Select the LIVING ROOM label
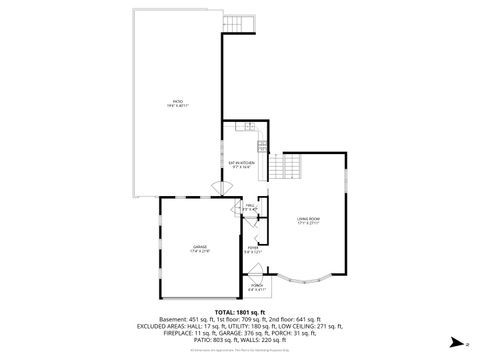point(307,220)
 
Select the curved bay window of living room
point(298,275)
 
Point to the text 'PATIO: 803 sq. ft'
point(210,341)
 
